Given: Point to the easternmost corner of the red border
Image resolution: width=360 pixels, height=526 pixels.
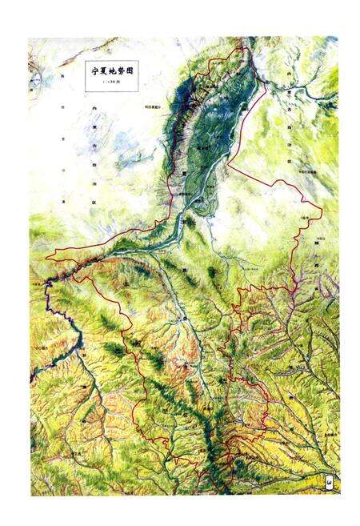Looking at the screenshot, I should click(322, 210).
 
